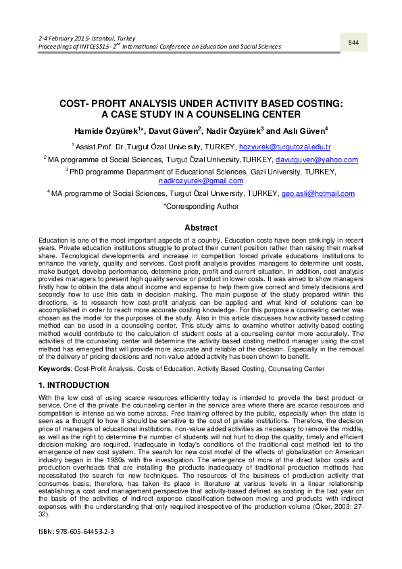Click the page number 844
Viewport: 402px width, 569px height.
click(353, 43)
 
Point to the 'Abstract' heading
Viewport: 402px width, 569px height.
click(201, 228)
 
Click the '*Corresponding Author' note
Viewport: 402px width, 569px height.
click(201, 207)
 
